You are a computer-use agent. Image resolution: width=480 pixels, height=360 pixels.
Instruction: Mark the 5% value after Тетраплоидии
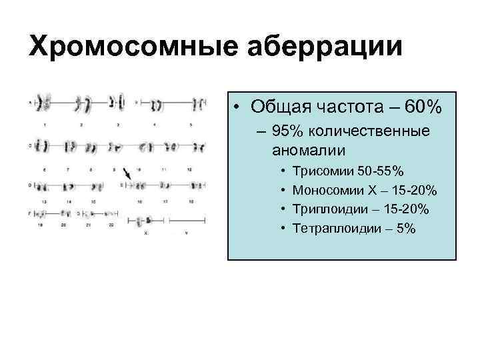[x=405, y=229]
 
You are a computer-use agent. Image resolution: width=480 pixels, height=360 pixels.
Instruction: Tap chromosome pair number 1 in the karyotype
[x=43, y=103]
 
